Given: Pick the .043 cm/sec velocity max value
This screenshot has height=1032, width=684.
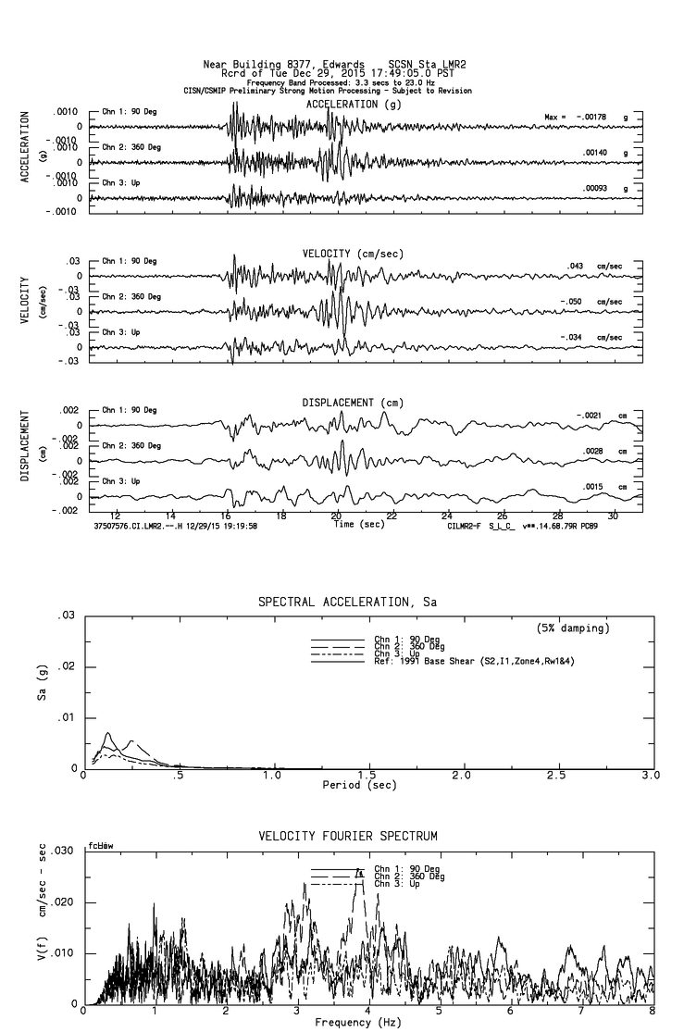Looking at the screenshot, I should coord(575,266).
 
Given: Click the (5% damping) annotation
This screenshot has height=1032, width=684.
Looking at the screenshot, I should coord(574,628).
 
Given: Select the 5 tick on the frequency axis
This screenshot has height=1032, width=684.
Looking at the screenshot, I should coord(440,1012).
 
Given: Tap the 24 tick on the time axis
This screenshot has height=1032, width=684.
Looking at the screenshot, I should coord(447,515).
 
